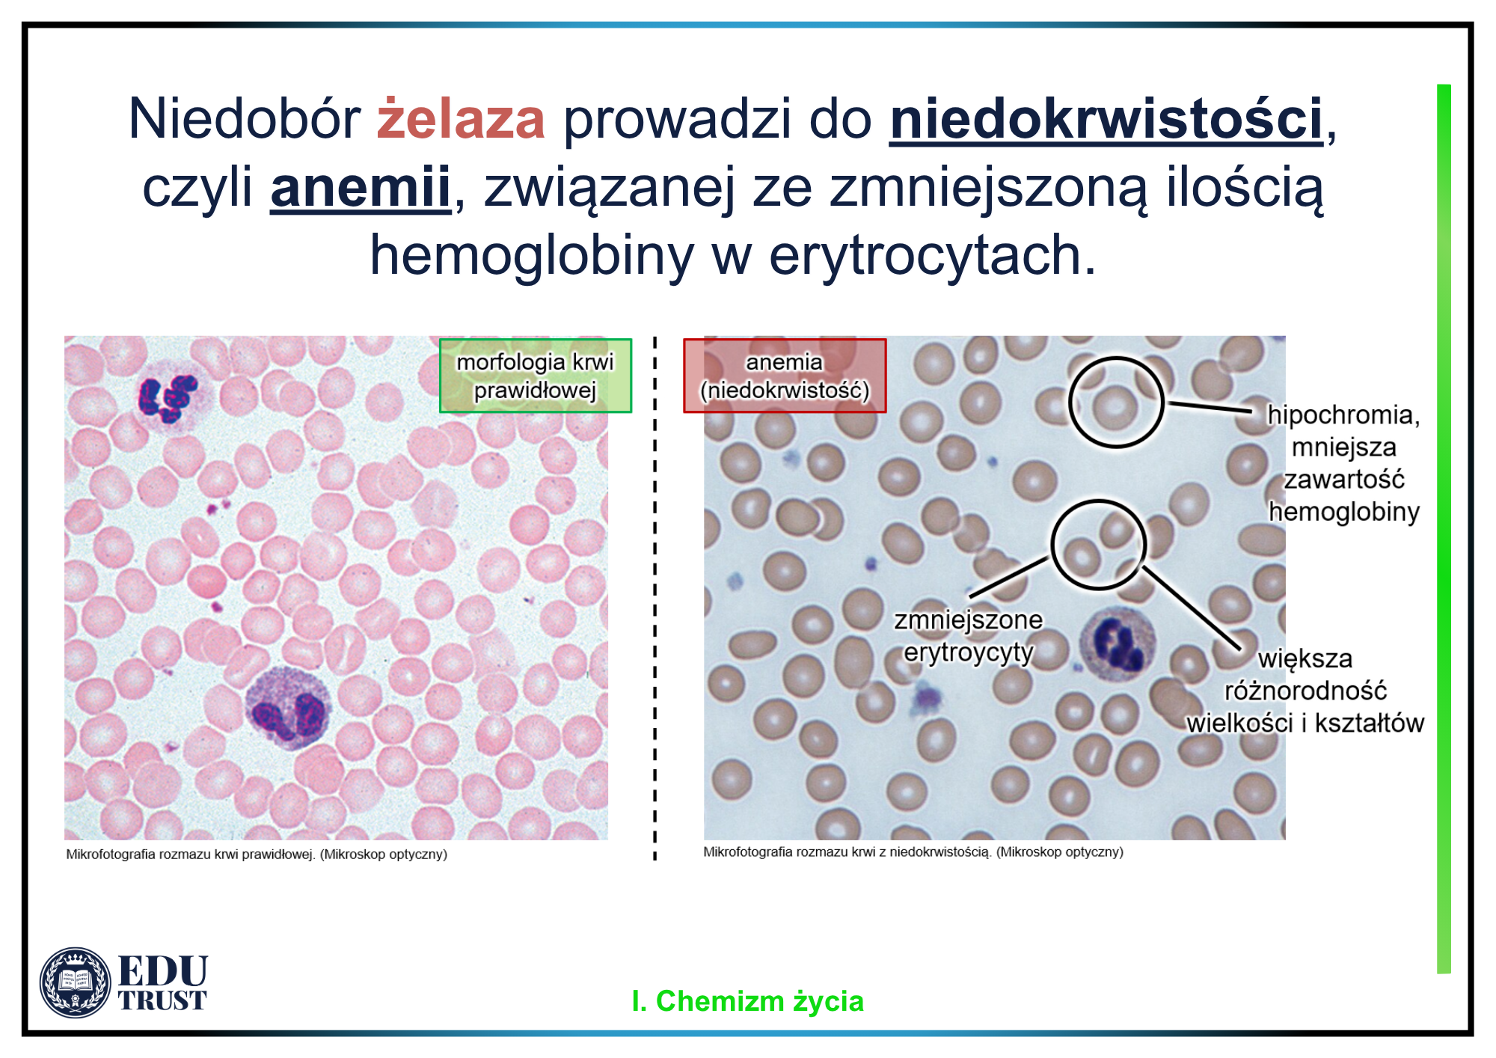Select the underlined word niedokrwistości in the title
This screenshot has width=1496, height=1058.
coord(1106,120)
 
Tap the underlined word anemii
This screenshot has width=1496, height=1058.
coord(361,188)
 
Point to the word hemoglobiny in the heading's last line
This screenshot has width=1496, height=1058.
coord(532,257)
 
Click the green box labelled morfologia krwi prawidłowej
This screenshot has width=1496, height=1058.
coord(536,376)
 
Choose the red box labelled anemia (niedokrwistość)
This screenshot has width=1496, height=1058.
coord(785,376)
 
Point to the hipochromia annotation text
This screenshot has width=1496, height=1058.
coord(1343,463)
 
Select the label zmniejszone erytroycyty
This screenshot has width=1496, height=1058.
coord(968,636)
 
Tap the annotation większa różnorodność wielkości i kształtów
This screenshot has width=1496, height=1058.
coord(1305,691)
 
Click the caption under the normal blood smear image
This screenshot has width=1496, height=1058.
coord(257,854)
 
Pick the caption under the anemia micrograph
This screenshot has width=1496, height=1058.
coord(913,852)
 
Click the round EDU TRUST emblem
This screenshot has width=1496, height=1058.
coord(75,982)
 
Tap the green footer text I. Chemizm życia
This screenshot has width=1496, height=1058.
coord(747,1001)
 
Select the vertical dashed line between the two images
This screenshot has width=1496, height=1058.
coord(655,599)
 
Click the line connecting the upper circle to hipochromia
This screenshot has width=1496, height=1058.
coord(1210,407)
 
